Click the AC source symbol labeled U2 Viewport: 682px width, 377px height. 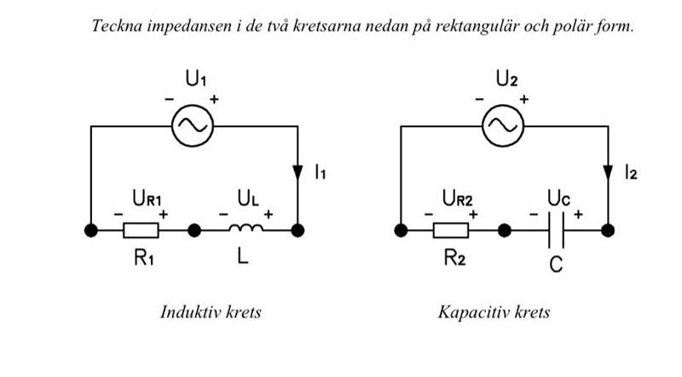502,126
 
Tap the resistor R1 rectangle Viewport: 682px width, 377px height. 142,230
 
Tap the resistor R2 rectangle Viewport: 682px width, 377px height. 451,230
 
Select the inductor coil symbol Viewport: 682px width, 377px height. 244,229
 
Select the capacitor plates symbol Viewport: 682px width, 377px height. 556,230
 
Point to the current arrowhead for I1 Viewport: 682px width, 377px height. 298,171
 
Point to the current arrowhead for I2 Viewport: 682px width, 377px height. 608,171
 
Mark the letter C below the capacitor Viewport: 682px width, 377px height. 556,265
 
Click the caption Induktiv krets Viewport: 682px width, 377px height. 211,311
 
